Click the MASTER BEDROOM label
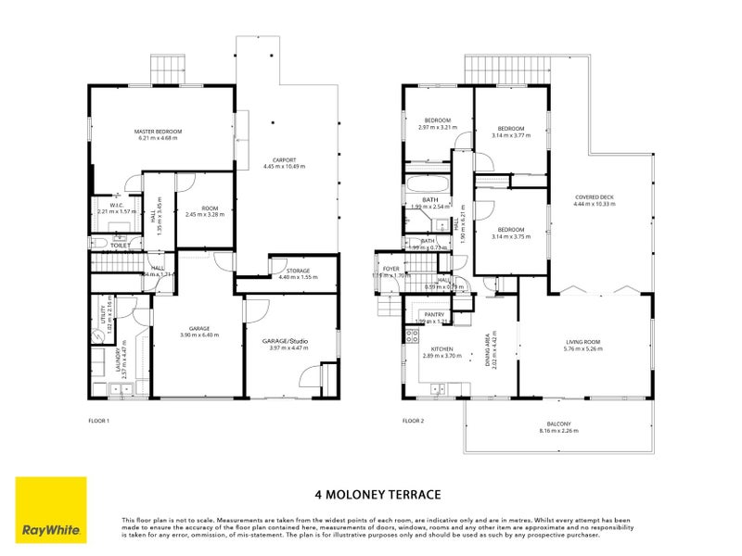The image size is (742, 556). pyautogui.click(x=158, y=132)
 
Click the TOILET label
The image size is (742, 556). pyautogui.click(x=120, y=246)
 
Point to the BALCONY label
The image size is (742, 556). pyautogui.click(x=556, y=423)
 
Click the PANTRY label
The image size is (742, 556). pyautogui.click(x=433, y=314)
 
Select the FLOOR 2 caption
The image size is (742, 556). pyautogui.click(x=413, y=420)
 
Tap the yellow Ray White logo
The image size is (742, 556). pyautogui.click(x=51, y=510)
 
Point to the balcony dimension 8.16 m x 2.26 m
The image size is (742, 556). pyautogui.click(x=556, y=431)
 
